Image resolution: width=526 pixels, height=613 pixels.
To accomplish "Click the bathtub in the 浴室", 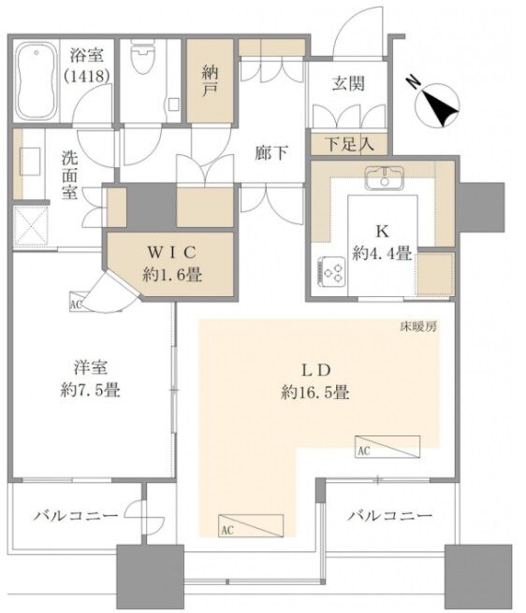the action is [35, 81].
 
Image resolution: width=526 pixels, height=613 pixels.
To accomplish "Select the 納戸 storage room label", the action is [211, 81].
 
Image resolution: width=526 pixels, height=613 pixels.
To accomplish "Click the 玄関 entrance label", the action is [348, 83].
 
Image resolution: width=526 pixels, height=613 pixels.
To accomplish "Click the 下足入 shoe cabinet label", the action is [350, 144].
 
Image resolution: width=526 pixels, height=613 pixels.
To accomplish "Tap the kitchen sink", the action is [384, 178].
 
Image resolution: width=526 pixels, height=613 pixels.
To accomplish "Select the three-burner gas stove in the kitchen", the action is [331, 271].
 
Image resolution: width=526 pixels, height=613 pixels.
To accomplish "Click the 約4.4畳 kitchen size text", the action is [382, 254].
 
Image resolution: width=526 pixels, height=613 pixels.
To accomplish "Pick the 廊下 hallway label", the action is [271, 152].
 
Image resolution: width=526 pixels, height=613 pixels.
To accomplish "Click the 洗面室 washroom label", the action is [69, 175].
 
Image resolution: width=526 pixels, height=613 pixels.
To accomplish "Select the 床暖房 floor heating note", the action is [417, 327].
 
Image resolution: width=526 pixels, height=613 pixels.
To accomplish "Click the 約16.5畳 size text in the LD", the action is [315, 392].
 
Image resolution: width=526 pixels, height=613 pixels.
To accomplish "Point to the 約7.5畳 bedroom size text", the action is [90, 390].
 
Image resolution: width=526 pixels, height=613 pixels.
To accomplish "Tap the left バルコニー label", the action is [76, 516].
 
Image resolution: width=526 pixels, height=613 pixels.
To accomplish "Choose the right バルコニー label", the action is [390, 516].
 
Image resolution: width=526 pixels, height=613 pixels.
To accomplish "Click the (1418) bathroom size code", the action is [86, 76].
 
